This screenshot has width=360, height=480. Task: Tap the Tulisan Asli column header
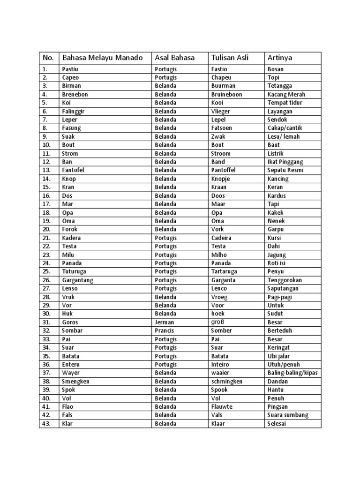pos(230,58)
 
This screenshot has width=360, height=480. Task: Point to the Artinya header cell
pos(280,58)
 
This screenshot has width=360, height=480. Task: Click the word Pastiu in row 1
pos(70,69)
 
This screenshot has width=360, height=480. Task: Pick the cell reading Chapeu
pos(221,77)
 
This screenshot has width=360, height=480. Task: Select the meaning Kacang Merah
pos(286,94)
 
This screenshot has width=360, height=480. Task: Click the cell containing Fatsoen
pos(222,128)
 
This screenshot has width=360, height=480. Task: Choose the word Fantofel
pos(74,170)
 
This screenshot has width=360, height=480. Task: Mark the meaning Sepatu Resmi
pos(285,170)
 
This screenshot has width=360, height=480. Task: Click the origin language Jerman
pos(164,322)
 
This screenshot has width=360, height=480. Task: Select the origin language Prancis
pos(165,330)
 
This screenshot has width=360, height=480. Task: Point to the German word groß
pos(217,322)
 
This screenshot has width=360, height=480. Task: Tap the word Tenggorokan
pos(287,280)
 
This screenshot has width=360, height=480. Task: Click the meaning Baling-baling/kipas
pos(292,373)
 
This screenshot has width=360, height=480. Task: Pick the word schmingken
pos(227,382)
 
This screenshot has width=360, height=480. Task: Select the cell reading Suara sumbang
pos(288,415)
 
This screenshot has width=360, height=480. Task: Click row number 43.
pos(46,424)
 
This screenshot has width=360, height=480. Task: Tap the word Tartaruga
pos(224,271)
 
